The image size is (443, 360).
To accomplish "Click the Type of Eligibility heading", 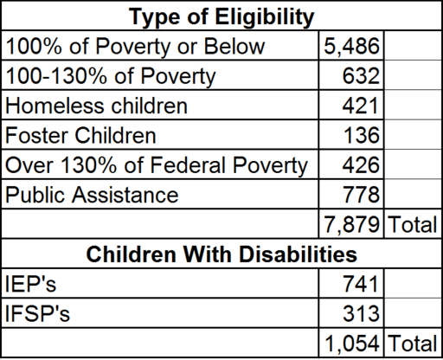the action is click(x=221, y=16).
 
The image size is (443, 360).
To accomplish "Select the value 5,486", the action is click(x=351, y=46).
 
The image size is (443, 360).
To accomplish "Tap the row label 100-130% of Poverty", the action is click(x=111, y=76).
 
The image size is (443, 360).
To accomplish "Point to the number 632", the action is click(x=361, y=76).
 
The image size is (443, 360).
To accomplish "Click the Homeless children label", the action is click(x=96, y=106).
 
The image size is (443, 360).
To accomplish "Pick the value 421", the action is click(x=361, y=106).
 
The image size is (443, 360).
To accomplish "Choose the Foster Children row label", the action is click(x=80, y=135).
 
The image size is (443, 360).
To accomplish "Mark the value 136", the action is click(x=362, y=135).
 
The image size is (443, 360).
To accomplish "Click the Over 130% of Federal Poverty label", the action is click(x=157, y=165).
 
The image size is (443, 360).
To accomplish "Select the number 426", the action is click(x=361, y=165).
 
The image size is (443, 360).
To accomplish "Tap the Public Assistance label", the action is click(x=92, y=195).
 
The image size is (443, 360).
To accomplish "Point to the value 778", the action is click(x=361, y=195).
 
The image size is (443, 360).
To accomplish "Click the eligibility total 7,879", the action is click(x=351, y=224).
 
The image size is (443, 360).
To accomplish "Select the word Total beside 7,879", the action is click(x=413, y=224).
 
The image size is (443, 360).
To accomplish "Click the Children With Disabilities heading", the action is click(x=221, y=254).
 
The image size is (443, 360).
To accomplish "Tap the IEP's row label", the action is click(x=30, y=284).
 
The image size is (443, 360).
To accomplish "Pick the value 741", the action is click(x=361, y=284).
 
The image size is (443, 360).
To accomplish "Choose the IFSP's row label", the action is click(x=37, y=313).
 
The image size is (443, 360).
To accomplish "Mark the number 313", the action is click(x=361, y=313).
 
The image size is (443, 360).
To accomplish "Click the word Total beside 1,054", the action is click(x=413, y=344).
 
